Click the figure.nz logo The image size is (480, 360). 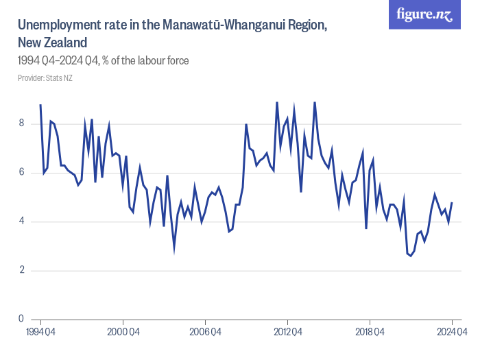click(424, 14)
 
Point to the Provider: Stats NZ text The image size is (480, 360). click(45, 78)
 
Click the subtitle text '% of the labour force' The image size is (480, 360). click(145, 61)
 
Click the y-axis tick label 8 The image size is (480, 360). click(22, 123)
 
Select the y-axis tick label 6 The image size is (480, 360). click(22, 172)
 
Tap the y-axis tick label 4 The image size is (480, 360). click(22, 221)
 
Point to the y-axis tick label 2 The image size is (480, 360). click(22, 270)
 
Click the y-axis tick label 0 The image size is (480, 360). click(22, 319)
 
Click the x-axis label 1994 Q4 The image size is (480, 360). click(41, 333)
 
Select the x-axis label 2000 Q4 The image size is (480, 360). click(123, 333)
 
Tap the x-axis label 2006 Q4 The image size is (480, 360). click(206, 333)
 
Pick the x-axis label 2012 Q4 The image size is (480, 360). click(287, 333)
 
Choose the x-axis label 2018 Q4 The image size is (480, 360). click(370, 333)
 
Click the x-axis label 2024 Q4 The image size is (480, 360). click(451, 333)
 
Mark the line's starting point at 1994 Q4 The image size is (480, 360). click(40, 105)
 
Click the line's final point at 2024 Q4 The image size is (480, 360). click(452, 202)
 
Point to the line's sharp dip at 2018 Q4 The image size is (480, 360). click(366, 228)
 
